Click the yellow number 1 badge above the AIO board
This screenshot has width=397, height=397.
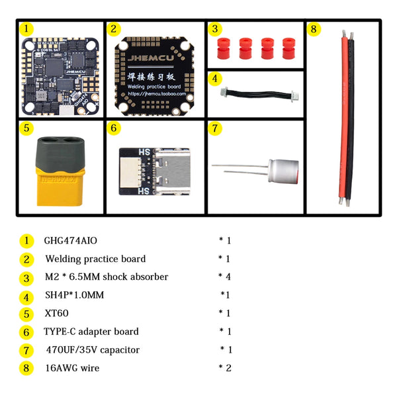[26, 29]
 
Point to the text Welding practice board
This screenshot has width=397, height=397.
[95, 259]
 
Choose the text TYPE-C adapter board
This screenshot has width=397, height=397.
[91, 331]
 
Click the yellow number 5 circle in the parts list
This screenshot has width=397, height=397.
[26, 314]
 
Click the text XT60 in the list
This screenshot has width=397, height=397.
[56, 314]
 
